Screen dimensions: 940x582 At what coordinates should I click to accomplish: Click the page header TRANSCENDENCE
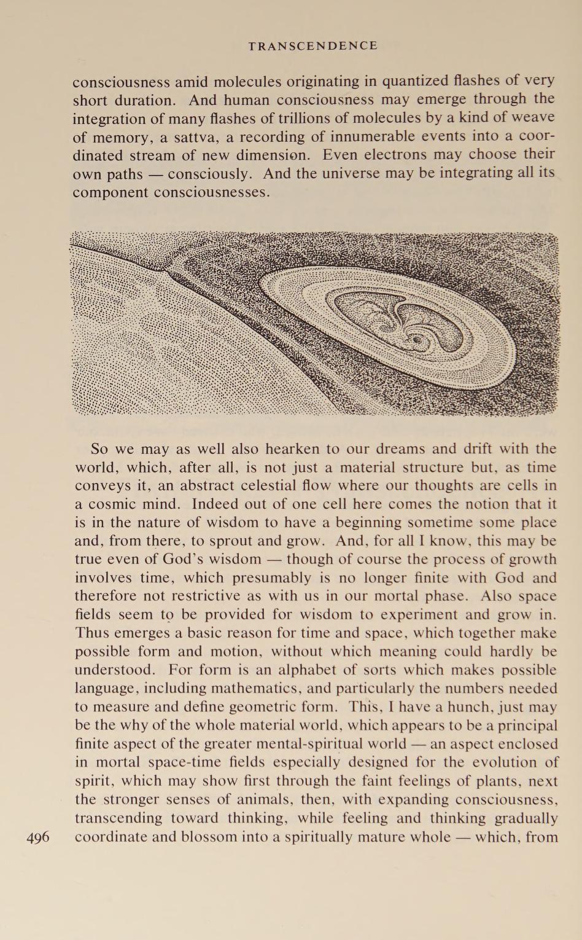(313, 46)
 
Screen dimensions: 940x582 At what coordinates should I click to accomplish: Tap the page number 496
(39, 837)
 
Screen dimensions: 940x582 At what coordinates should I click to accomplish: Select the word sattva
(186, 136)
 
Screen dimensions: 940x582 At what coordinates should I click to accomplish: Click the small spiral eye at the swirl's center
(419, 339)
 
